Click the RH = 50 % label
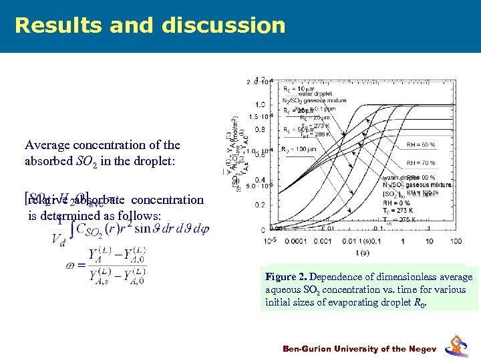click(x=421, y=144)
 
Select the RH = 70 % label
click(x=421, y=162)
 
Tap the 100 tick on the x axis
click(x=456, y=241)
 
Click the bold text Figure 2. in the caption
click(x=286, y=277)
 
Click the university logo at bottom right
click(x=457, y=346)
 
